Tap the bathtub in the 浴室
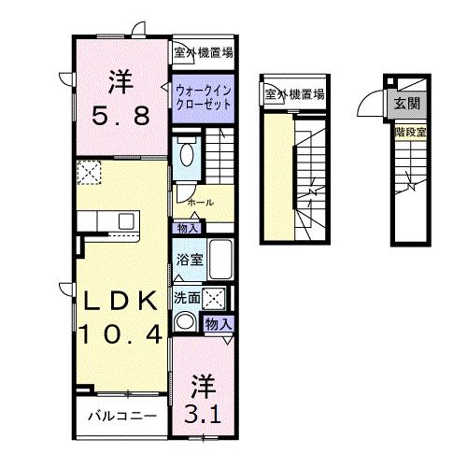(220, 260)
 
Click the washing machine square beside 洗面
(214, 298)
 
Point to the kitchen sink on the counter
(126, 220)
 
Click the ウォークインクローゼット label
(204, 98)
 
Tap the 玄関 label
(407, 104)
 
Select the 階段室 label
(410, 133)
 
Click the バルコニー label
(122, 416)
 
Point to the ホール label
(201, 203)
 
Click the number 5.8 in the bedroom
(120, 116)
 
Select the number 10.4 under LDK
(121, 333)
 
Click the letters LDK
(121, 301)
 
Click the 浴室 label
(190, 260)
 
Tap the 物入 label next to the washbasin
(219, 324)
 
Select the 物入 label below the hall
(188, 228)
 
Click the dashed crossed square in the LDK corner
(89, 172)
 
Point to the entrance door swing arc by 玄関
(366, 101)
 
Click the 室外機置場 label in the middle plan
(294, 93)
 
